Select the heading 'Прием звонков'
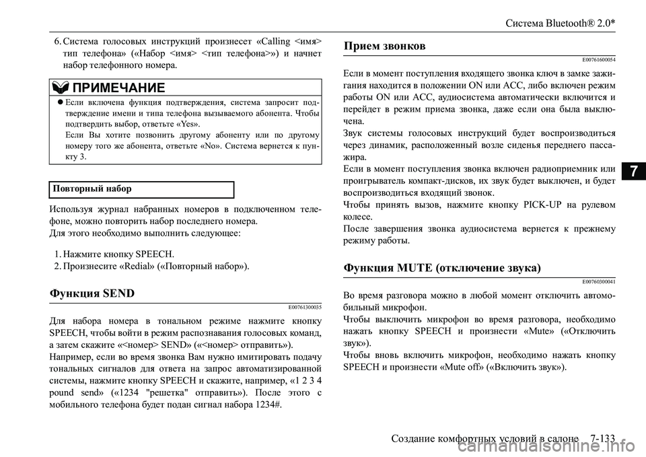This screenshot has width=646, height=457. click(x=384, y=46)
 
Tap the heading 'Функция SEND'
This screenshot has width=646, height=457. click(x=92, y=293)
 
